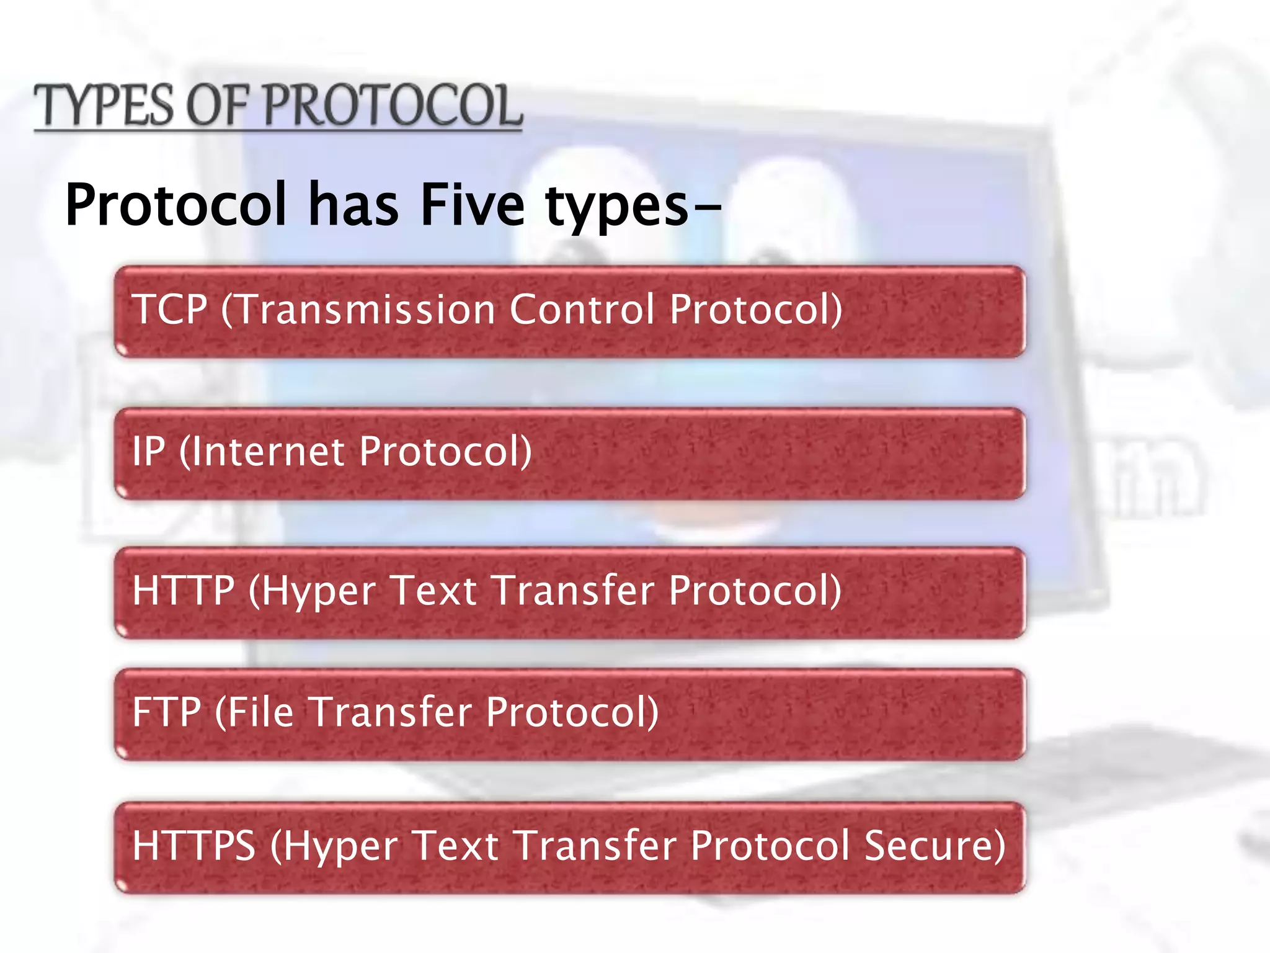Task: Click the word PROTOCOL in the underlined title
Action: point(393,105)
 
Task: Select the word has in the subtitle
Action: point(353,205)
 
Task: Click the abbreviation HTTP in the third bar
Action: point(184,590)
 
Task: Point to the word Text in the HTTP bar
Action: point(435,590)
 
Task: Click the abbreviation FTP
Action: point(166,712)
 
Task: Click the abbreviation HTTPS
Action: point(193,846)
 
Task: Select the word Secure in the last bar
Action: point(934,846)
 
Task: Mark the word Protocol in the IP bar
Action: point(445,451)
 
